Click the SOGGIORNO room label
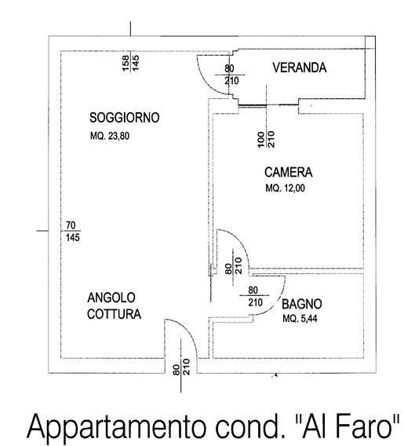[x=125, y=118]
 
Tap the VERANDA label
[x=300, y=68]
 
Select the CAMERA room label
[x=289, y=173]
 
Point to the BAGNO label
[x=302, y=304]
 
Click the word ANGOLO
[x=111, y=298]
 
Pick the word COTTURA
[x=115, y=314]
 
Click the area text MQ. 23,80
[x=110, y=136]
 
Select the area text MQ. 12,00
[x=286, y=188]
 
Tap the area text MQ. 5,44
[x=300, y=319]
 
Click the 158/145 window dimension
[x=131, y=63]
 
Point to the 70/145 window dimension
[x=73, y=232]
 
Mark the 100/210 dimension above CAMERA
[x=266, y=139]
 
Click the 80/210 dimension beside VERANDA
[x=231, y=75]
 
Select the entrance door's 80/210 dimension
[x=181, y=367]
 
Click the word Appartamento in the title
[x=116, y=428]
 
